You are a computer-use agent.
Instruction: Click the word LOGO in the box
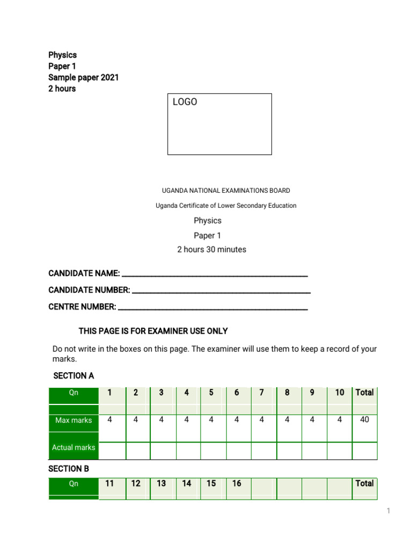point(185,102)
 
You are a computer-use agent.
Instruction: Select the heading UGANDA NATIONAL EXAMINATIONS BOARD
point(226,191)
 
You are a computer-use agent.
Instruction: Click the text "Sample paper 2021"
point(84,77)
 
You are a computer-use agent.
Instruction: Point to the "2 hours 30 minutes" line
point(211,250)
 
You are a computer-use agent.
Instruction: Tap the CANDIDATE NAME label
point(84,273)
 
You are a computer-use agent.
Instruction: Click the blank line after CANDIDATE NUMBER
point(221,291)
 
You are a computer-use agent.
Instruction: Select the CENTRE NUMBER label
point(82,307)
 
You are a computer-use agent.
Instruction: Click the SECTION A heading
point(73,375)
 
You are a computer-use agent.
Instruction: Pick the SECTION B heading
point(69,469)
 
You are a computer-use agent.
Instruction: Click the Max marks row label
point(73,421)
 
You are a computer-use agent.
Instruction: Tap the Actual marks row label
point(73,447)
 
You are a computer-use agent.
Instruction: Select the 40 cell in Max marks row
point(364,420)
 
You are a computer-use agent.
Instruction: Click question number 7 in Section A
point(261,393)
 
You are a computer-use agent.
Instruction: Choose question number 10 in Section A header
point(340,393)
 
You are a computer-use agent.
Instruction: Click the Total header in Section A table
point(364,393)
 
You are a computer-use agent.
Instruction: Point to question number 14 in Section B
point(186,483)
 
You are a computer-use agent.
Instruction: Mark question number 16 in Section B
point(237,483)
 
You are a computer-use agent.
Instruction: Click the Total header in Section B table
point(364,483)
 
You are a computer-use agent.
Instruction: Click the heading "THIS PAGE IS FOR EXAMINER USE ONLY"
point(153,331)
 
